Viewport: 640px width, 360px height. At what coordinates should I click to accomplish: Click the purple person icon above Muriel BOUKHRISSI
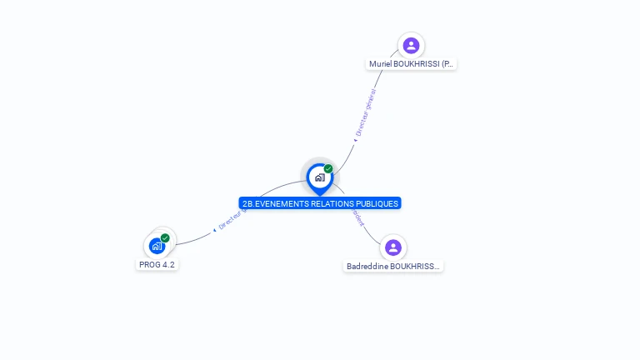tap(410, 46)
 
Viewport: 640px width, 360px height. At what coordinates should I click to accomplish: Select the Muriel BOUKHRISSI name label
tap(412, 64)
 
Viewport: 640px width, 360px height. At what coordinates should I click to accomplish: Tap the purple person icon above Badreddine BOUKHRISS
tap(393, 247)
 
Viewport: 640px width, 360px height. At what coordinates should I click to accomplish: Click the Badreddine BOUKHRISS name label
tap(393, 267)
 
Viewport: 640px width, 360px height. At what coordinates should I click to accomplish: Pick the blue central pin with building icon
tap(319, 177)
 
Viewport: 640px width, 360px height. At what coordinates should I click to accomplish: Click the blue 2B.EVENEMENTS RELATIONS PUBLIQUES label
tap(320, 203)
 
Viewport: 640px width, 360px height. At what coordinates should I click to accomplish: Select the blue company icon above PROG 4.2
tap(157, 246)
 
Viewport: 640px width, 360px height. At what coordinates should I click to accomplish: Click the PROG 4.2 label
tap(157, 264)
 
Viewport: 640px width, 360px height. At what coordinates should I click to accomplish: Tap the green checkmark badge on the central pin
tap(328, 169)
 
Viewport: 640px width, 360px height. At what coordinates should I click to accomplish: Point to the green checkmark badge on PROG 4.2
tap(165, 238)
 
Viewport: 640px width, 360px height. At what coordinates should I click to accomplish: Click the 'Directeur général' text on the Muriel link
tap(366, 111)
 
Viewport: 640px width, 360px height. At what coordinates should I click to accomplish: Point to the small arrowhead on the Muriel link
tap(355, 140)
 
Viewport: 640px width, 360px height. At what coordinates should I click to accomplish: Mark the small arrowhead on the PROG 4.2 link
tap(214, 229)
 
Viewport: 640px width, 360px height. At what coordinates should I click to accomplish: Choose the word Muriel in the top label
tap(381, 64)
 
